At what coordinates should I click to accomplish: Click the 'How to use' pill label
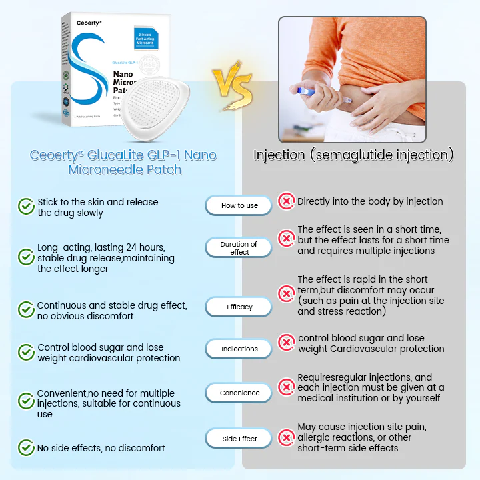pyautogui.click(x=239, y=205)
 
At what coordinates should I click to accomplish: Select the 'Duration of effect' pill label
pyautogui.click(x=239, y=248)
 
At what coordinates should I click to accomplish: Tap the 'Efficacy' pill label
pyautogui.click(x=239, y=307)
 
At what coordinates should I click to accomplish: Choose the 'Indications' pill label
pyautogui.click(x=239, y=349)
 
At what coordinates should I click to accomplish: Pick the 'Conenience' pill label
pyautogui.click(x=239, y=393)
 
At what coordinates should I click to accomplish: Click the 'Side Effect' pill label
pyautogui.click(x=239, y=439)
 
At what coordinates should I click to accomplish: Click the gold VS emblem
pyautogui.click(x=233, y=87)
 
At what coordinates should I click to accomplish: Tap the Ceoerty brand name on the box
pyautogui.click(x=89, y=23)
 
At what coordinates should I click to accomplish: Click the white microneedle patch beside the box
pyautogui.click(x=161, y=106)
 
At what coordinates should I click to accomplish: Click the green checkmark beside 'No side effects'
pyautogui.click(x=26, y=447)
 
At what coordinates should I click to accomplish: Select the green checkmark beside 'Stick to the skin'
pyautogui.click(x=26, y=207)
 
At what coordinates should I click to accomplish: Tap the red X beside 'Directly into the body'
pyautogui.click(x=286, y=201)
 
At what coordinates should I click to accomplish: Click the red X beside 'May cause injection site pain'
pyautogui.click(x=286, y=437)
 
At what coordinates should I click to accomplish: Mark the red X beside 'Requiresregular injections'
pyautogui.click(x=286, y=387)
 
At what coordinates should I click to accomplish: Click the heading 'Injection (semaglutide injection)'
pyautogui.click(x=353, y=155)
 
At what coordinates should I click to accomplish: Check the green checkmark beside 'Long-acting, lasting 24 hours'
pyautogui.click(x=26, y=257)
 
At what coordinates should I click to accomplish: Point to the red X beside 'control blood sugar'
pyautogui.click(x=286, y=343)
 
